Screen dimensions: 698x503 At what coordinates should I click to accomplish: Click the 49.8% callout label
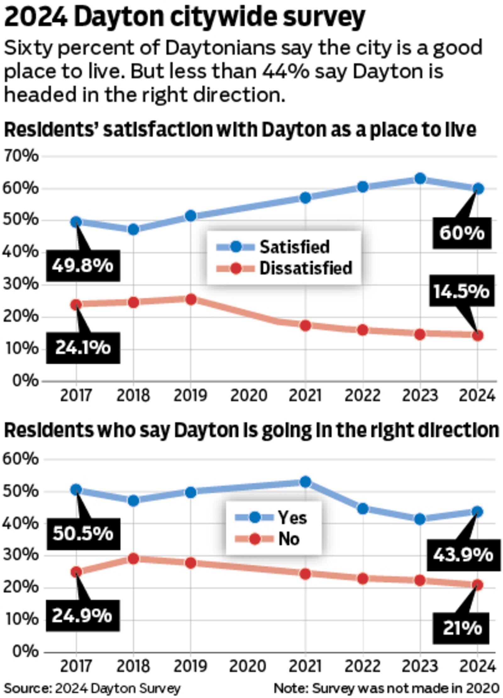(x=83, y=266)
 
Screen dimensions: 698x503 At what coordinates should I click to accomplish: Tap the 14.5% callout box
(x=462, y=291)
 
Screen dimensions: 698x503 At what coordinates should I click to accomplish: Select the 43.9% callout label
(x=463, y=555)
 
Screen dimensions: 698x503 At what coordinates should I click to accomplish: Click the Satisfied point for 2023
(x=420, y=179)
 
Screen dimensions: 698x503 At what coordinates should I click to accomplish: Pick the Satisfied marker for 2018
(x=133, y=230)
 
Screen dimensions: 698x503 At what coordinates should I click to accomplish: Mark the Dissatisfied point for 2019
(x=191, y=299)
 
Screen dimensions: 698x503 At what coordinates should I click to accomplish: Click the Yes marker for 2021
(x=305, y=481)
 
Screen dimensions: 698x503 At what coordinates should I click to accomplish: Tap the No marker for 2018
(x=133, y=559)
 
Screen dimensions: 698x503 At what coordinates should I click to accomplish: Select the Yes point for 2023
(x=420, y=519)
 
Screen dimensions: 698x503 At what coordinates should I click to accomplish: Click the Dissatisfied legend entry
(x=305, y=268)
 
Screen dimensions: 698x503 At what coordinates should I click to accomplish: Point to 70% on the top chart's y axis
(x=21, y=156)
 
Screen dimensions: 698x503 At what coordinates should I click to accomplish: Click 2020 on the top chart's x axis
(x=248, y=396)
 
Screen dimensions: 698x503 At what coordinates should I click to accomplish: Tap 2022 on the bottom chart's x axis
(x=362, y=666)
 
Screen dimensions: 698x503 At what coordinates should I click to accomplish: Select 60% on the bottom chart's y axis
(x=21, y=459)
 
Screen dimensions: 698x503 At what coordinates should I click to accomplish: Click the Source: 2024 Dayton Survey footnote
(x=92, y=688)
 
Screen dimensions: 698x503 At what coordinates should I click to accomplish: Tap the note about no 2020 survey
(x=386, y=688)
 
